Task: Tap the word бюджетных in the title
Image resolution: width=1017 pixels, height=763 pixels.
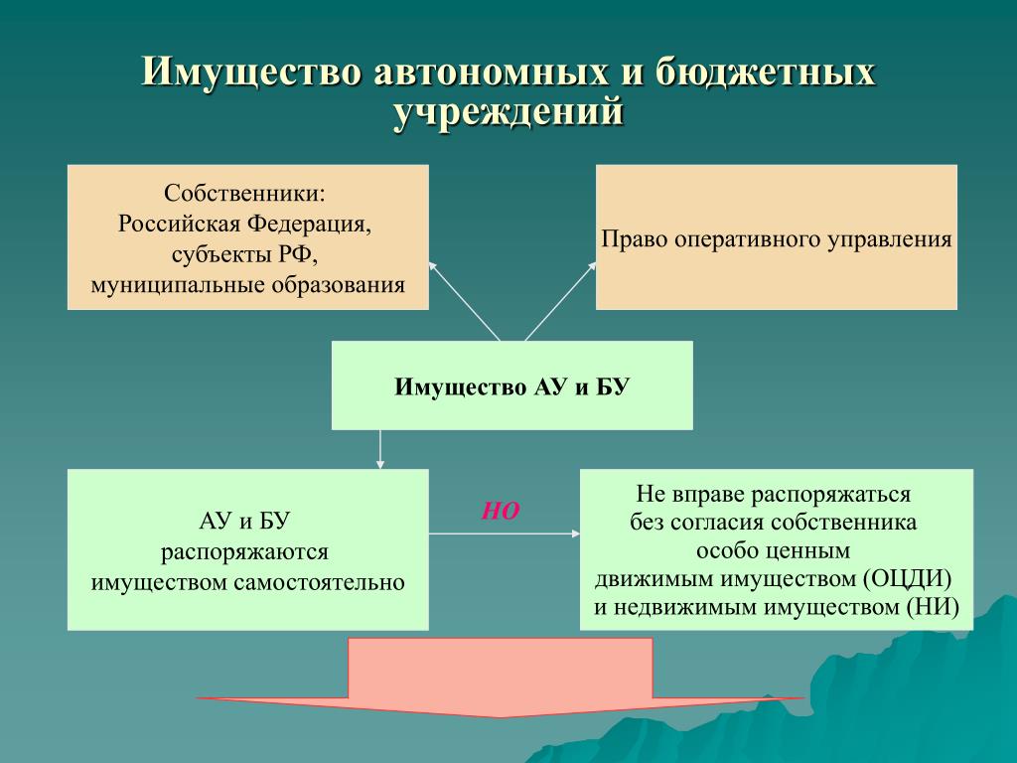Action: tap(766, 72)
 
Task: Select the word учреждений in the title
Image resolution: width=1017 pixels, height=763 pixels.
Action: tap(508, 111)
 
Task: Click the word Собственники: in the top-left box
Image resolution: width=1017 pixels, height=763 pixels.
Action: tap(245, 193)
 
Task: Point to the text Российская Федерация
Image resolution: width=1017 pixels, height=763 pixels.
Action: tap(244, 224)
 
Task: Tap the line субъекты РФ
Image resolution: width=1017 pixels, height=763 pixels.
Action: tap(245, 254)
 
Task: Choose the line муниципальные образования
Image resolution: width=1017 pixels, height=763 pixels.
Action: tap(247, 285)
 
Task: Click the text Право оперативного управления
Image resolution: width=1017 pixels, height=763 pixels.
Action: tap(777, 238)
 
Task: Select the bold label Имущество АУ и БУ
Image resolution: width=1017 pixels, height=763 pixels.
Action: tap(511, 386)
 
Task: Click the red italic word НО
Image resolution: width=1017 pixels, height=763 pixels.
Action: tap(501, 512)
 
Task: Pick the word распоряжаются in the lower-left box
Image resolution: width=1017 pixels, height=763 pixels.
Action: tap(244, 552)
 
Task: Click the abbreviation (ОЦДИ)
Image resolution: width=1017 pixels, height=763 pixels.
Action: tap(908, 578)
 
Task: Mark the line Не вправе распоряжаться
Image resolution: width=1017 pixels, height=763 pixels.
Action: tap(773, 495)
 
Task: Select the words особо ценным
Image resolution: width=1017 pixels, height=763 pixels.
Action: tap(773, 550)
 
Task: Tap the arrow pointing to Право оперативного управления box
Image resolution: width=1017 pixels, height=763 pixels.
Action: tap(560, 302)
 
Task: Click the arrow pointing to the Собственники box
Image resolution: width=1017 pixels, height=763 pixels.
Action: tap(464, 301)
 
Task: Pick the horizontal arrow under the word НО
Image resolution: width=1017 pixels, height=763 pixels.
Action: tap(505, 534)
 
